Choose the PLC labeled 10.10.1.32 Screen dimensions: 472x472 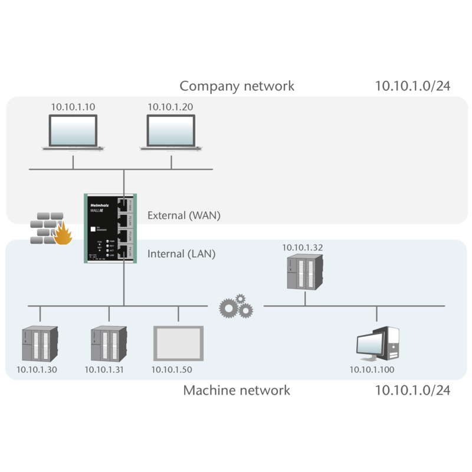coord(304,272)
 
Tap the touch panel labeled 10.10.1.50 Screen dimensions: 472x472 coord(178,343)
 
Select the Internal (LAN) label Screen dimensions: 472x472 coord(181,255)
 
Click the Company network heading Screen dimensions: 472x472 coord(237,87)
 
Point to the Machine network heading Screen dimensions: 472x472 coord(237,390)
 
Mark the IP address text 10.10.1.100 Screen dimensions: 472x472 coord(372,370)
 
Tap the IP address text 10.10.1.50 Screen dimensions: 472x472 coord(172,370)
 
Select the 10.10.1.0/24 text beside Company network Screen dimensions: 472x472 coord(413,86)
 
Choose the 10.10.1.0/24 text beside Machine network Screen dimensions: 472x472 coord(413,390)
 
